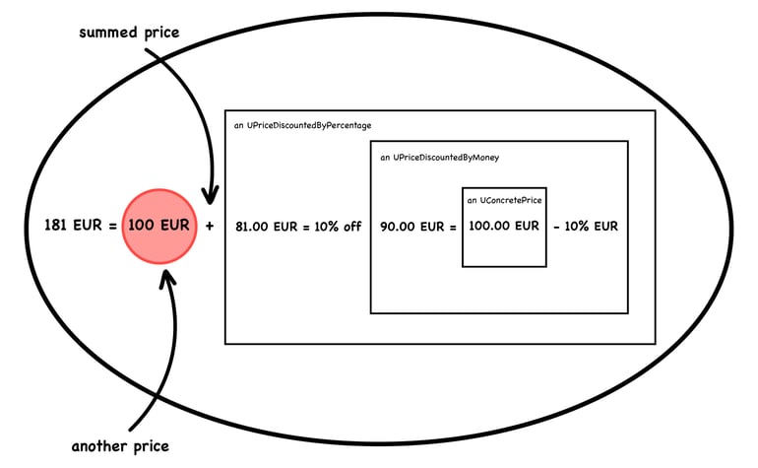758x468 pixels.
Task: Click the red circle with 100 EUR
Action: coord(159,226)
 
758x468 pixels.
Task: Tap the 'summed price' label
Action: coord(129,33)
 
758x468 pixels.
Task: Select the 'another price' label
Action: coord(120,445)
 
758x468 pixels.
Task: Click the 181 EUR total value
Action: coord(73,225)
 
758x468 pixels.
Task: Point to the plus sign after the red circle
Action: coord(210,226)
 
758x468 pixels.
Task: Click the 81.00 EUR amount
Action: coord(267,227)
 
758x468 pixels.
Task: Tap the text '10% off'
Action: coord(338,227)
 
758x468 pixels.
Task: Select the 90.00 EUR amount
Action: coord(411,227)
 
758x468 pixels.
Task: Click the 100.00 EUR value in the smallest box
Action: coord(504,226)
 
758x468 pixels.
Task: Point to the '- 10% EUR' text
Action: coord(586,226)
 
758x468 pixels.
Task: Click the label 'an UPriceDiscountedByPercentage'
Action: coord(302,125)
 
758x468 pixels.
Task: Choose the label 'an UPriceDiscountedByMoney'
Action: coord(439,158)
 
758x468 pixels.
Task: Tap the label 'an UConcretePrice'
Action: coord(504,200)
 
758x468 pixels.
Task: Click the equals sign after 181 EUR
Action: coord(112,226)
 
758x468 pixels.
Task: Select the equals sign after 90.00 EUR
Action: coord(453,227)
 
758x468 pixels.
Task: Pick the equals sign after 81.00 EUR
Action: coord(306,227)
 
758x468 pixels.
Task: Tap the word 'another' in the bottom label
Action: coord(100,445)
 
